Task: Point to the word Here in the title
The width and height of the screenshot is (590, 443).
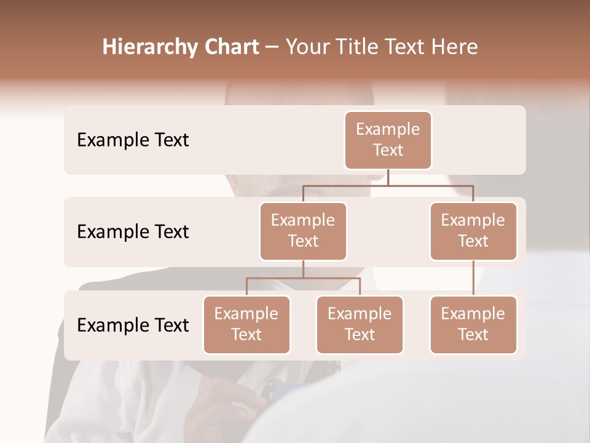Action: (x=455, y=47)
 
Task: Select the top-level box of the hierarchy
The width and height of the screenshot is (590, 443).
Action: (x=388, y=140)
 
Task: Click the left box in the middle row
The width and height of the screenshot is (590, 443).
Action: (x=303, y=231)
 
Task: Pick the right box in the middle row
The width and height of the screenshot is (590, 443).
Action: (x=473, y=231)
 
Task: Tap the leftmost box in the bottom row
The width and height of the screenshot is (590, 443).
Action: (x=246, y=325)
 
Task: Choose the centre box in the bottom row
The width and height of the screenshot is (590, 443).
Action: (x=360, y=325)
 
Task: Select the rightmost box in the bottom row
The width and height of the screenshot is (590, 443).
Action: (x=473, y=325)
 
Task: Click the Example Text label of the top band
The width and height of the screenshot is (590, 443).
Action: (x=133, y=140)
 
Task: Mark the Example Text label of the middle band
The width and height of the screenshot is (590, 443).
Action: (x=133, y=232)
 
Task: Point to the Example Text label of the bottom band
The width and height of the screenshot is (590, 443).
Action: (x=133, y=325)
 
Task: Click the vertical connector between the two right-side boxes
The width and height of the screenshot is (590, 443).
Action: (x=473, y=278)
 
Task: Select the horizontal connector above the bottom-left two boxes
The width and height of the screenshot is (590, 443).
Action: (x=303, y=278)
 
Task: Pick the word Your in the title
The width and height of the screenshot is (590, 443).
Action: (x=306, y=47)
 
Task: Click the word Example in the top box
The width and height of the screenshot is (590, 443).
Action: (x=388, y=129)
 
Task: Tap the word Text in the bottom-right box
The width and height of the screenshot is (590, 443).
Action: (x=473, y=335)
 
